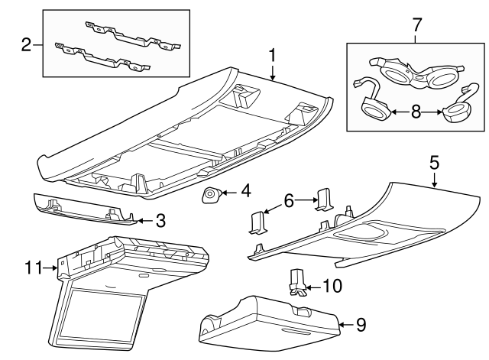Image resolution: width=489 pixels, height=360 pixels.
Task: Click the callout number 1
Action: (x=272, y=54)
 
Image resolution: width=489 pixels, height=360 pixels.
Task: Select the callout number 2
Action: (x=26, y=44)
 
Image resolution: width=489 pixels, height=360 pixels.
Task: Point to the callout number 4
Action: (x=245, y=190)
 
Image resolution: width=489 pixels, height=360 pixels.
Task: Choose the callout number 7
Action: (x=416, y=24)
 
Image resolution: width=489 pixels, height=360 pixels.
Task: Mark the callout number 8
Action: (x=416, y=112)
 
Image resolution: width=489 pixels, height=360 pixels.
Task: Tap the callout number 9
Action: (x=361, y=325)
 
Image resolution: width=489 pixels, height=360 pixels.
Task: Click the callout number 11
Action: (x=32, y=268)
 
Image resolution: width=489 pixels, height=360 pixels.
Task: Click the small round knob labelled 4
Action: (x=209, y=197)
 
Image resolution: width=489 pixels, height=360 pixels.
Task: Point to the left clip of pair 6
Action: (x=256, y=222)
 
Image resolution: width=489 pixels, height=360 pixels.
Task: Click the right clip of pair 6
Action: (x=324, y=201)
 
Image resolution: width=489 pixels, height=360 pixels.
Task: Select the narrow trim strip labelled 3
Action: (x=84, y=209)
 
